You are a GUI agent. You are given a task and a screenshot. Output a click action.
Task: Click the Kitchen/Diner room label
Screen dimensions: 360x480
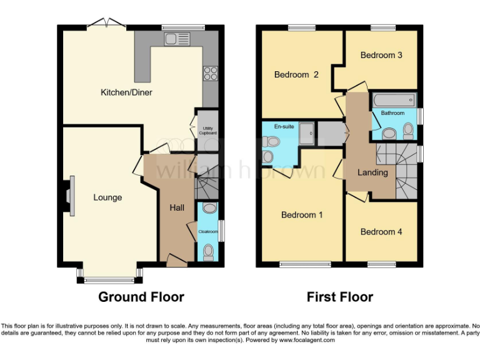click(x=126, y=92)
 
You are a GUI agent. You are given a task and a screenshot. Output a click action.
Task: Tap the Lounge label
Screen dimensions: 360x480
click(x=107, y=197)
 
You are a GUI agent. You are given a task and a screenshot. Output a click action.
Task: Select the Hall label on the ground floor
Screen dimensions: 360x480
click(x=177, y=207)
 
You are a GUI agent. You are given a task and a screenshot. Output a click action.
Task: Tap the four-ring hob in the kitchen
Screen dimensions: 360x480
click(x=210, y=73)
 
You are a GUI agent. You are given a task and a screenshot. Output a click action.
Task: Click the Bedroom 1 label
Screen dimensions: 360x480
click(x=302, y=215)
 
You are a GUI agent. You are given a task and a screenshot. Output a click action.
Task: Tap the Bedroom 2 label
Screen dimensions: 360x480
click(x=296, y=74)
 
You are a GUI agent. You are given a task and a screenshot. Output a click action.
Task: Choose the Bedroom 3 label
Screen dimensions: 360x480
click(x=381, y=55)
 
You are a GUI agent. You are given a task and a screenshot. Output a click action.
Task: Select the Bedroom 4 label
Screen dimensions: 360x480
click(x=381, y=232)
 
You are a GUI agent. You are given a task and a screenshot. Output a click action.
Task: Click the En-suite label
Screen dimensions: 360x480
click(x=284, y=126)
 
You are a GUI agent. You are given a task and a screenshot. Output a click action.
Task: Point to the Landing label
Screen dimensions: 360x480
click(x=372, y=172)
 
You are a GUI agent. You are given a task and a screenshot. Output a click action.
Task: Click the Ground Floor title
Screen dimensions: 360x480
click(x=141, y=297)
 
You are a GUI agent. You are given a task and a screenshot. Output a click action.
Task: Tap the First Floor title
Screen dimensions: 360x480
click(x=340, y=297)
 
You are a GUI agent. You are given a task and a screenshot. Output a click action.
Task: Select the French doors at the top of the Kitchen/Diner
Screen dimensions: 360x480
click(x=106, y=24)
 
